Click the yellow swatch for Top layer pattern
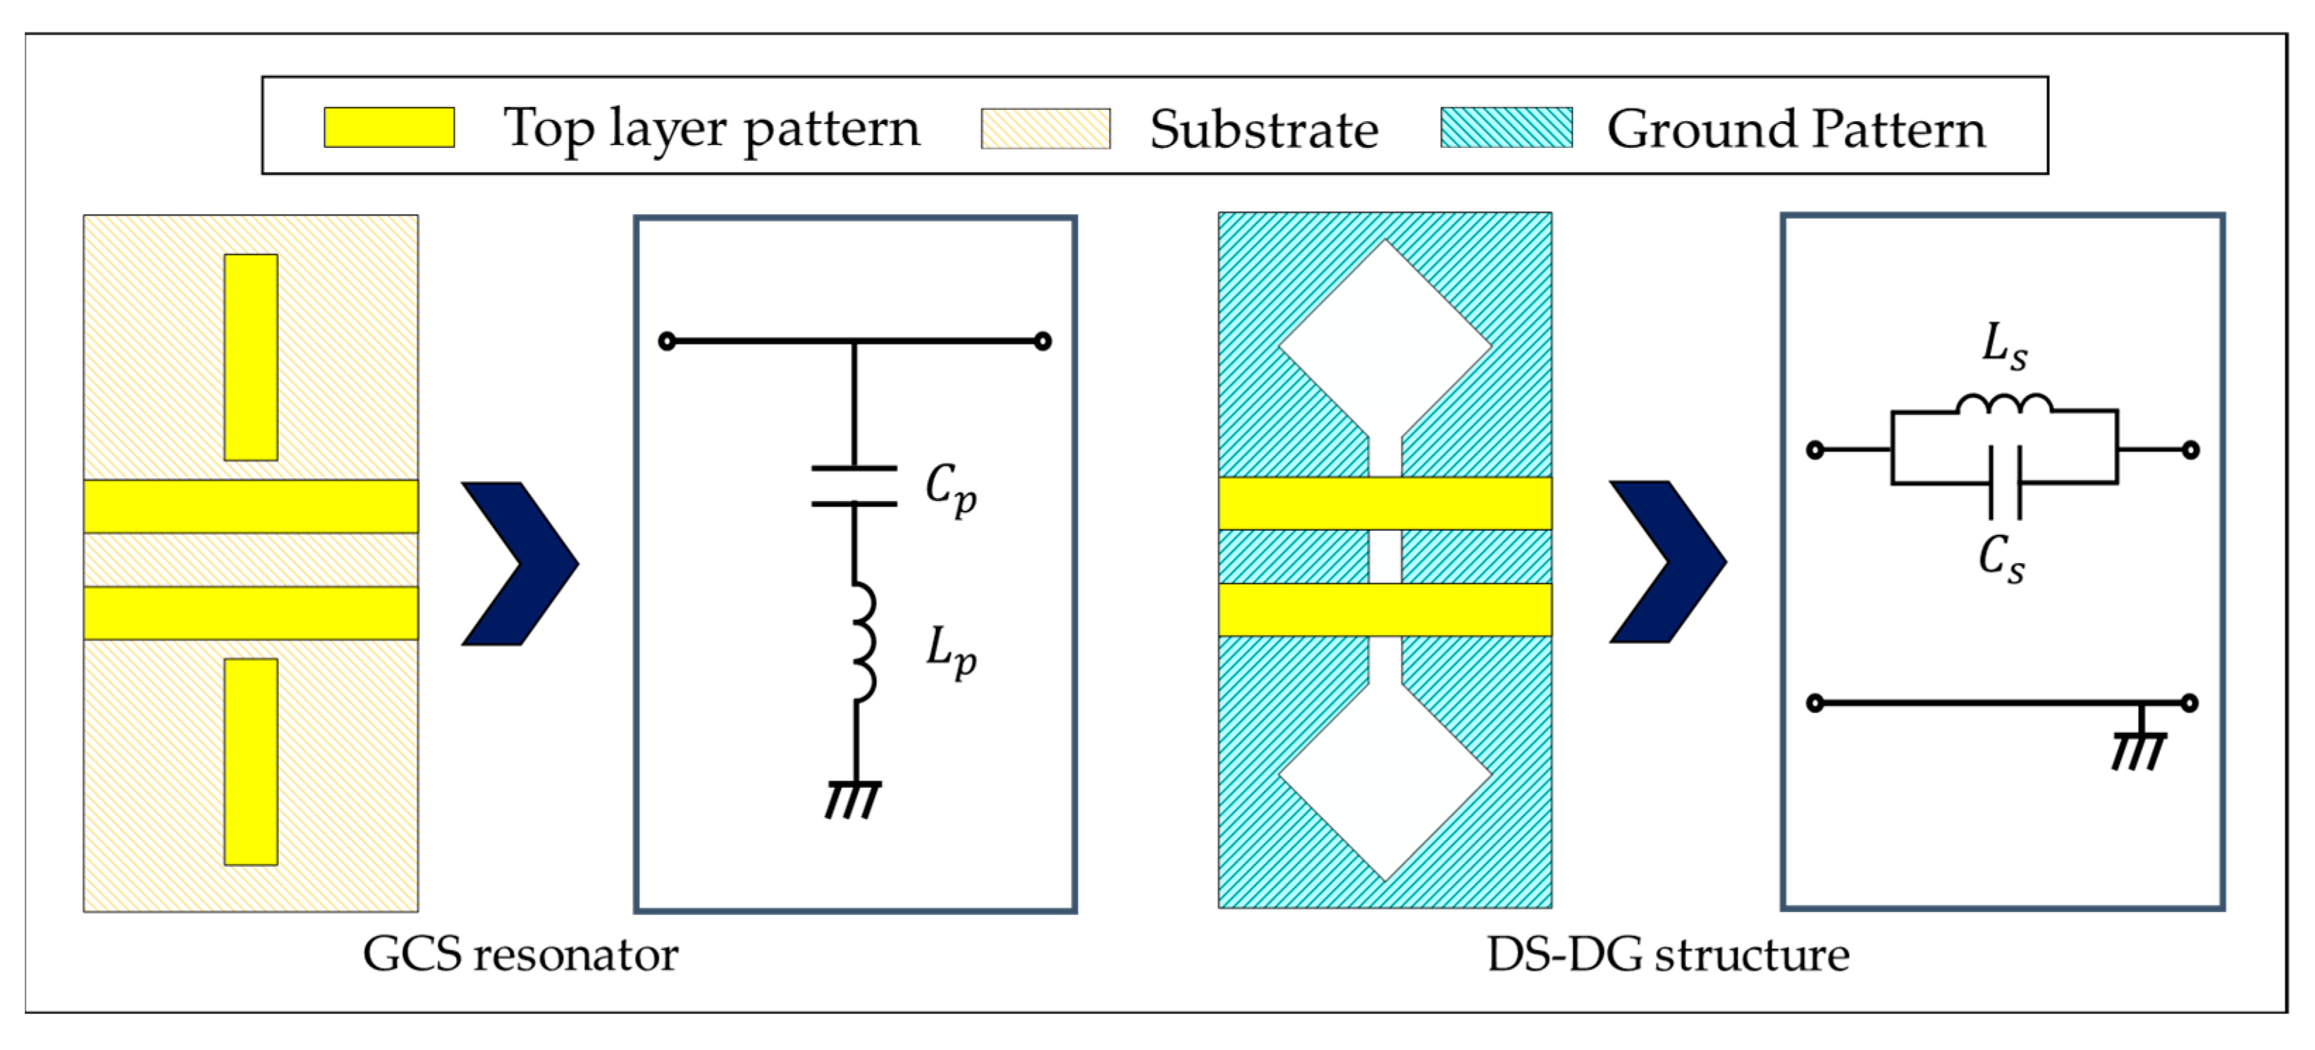pos(388,127)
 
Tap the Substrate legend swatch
pos(1045,128)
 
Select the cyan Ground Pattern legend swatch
pos(1506,127)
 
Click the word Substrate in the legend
pos(1263,130)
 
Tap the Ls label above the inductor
pos(2004,346)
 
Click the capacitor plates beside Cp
pos(854,486)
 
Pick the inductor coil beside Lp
pos(861,641)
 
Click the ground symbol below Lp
pos(853,798)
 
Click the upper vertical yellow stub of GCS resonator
pos(251,357)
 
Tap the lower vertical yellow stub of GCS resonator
pos(251,762)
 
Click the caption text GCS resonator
pos(520,954)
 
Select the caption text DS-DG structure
pos(1668,954)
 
